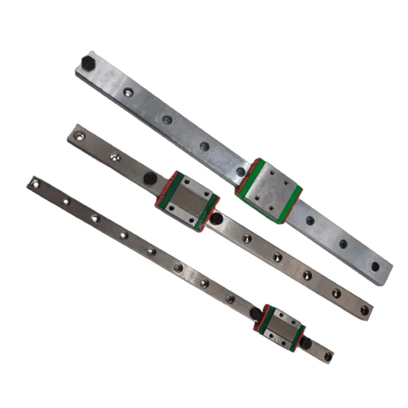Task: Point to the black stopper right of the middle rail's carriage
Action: (x=217, y=219)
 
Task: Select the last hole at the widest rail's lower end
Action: (x=375, y=266)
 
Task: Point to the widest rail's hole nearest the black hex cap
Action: (x=127, y=93)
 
